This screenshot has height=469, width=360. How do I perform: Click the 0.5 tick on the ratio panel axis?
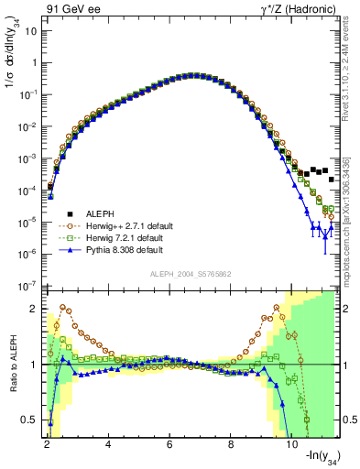click(x=30, y=420)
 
